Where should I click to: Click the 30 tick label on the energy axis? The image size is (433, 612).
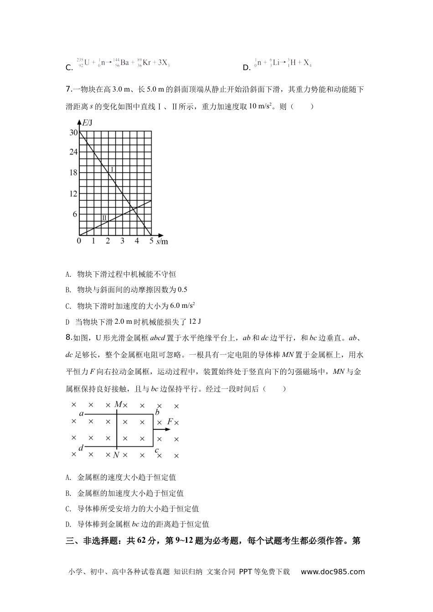(x=73, y=133)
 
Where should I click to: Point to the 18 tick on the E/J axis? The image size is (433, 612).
(x=73, y=173)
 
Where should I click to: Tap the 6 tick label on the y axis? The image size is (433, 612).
(x=75, y=214)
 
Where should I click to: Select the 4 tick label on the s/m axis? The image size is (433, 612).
(x=137, y=241)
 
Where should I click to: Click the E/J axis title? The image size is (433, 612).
(x=87, y=122)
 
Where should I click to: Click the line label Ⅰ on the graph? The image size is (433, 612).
(x=112, y=169)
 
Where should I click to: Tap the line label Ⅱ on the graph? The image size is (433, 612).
(x=104, y=218)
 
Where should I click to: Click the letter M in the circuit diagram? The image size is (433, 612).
(x=118, y=404)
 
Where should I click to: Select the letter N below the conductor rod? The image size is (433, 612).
(x=116, y=455)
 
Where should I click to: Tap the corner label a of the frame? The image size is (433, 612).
(x=81, y=413)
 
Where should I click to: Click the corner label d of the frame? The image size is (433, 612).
(x=81, y=448)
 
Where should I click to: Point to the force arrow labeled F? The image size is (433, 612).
(x=162, y=429)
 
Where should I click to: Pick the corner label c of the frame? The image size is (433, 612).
(x=156, y=450)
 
